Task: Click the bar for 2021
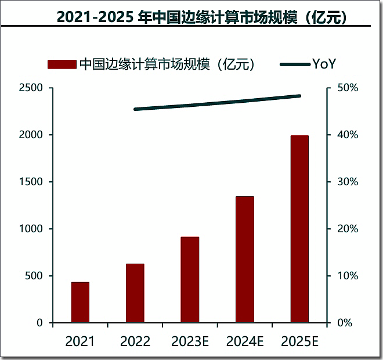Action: point(80,302)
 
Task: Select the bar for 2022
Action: point(135,293)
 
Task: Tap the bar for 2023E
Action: point(190,279)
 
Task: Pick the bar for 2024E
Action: point(244,260)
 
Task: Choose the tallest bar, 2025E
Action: point(299,229)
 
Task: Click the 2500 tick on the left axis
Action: point(31,88)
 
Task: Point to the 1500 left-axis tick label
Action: point(31,182)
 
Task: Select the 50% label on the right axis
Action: point(349,88)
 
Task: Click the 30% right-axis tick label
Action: point(349,182)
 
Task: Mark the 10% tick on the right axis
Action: point(349,276)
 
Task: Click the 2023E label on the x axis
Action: point(190,341)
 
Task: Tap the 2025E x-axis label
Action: point(299,341)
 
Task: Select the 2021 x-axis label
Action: point(80,341)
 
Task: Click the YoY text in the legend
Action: point(324,64)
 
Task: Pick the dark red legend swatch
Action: point(62,64)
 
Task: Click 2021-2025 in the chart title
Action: point(96,17)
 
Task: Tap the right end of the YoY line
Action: point(299,96)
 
